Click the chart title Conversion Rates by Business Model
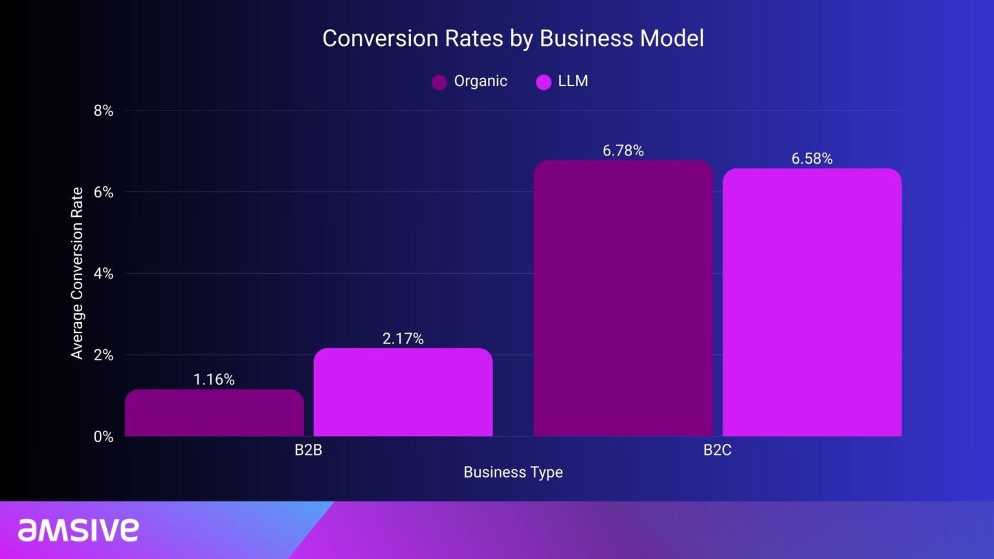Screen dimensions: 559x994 tap(513, 38)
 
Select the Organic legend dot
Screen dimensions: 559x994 tap(439, 82)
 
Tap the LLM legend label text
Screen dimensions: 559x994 tap(573, 82)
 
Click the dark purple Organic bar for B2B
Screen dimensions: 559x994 tap(214, 413)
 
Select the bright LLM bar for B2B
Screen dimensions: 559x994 tap(403, 393)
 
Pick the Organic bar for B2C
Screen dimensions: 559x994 tap(623, 299)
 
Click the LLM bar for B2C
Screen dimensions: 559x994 tap(812, 303)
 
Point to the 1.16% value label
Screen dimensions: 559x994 tap(214, 379)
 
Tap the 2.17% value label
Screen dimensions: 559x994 tap(403, 338)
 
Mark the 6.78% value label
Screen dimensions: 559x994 tap(623, 151)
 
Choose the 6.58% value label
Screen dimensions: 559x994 tap(812, 159)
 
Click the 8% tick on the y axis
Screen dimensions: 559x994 tap(104, 111)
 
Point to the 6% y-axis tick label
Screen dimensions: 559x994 tap(104, 192)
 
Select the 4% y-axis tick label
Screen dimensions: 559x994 tap(104, 274)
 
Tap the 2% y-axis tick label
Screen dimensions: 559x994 tap(104, 355)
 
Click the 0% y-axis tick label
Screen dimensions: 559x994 tap(104, 437)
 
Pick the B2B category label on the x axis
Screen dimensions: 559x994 tap(309, 450)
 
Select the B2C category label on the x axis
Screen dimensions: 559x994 tap(717, 450)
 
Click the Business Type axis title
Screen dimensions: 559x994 tap(513, 472)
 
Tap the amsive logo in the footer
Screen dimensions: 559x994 tap(78, 530)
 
